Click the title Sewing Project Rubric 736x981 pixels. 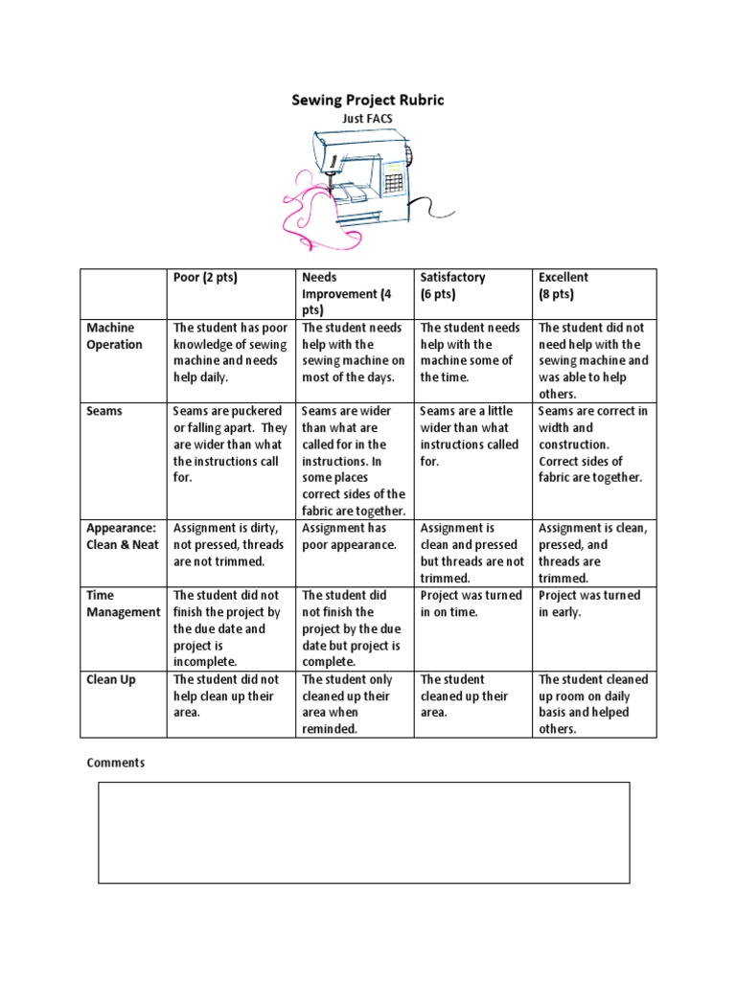(x=368, y=100)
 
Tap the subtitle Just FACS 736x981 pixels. (x=367, y=118)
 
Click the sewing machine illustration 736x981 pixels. (x=369, y=172)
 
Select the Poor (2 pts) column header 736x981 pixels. (x=205, y=278)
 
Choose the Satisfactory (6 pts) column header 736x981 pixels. (x=453, y=285)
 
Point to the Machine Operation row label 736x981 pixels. (x=114, y=336)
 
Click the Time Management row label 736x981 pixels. (x=124, y=604)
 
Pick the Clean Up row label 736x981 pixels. (x=111, y=679)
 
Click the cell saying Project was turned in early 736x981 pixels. (x=589, y=604)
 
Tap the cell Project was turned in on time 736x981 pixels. (x=471, y=604)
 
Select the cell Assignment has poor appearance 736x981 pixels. (x=349, y=536)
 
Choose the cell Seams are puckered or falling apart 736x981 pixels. (x=230, y=444)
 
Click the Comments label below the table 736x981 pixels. (x=116, y=763)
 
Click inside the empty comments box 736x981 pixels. (x=364, y=832)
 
